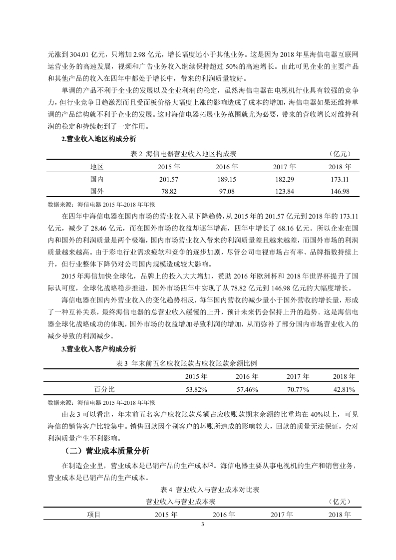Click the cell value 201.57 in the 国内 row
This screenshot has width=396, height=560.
pyautogui.click(x=168, y=179)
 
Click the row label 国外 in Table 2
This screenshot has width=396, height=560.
pyautogui.click(x=96, y=191)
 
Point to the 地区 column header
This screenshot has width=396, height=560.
pyautogui.click(x=96, y=167)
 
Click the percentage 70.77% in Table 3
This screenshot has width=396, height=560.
pyautogui.click(x=299, y=389)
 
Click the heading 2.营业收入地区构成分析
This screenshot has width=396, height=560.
pyautogui.click(x=98, y=140)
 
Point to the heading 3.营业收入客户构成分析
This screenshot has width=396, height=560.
pyautogui.click(x=98, y=349)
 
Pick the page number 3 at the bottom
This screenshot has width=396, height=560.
pyautogui.click(x=202, y=524)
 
